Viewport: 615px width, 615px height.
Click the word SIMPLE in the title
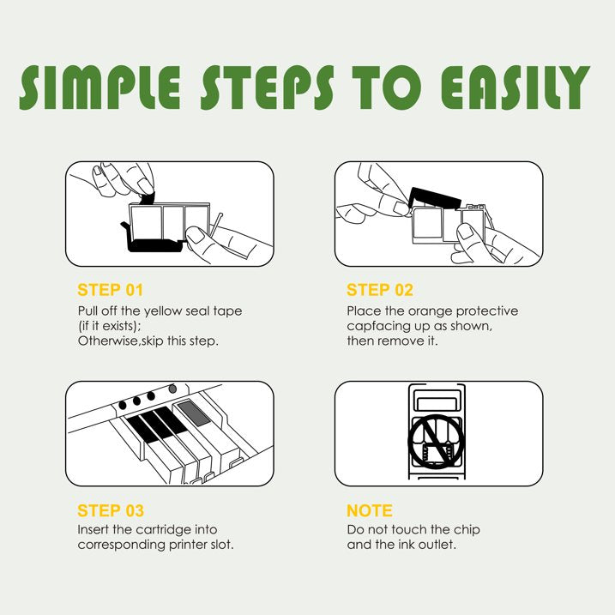pos(100,87)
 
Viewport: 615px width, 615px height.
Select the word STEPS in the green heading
pos(268,87)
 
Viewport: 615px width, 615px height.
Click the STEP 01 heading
pos(110,290)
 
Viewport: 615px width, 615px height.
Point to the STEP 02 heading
pos(380,290)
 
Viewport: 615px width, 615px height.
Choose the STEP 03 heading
pos(111,510)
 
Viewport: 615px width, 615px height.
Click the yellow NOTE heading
pos(370,510)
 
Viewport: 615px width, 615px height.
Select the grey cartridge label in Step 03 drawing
pos(194,413)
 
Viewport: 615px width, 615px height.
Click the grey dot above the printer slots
pos(172,389)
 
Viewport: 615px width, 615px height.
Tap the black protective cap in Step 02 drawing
pos(434,197)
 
